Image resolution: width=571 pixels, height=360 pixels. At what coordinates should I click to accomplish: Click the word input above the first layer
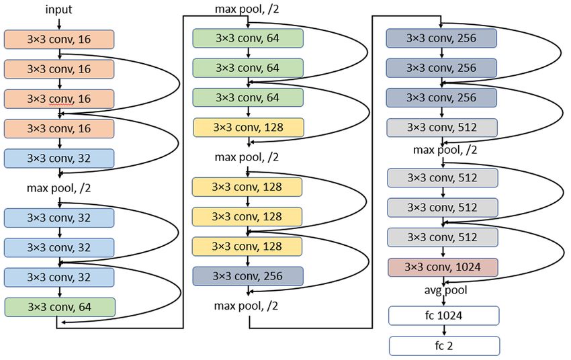[58, 9]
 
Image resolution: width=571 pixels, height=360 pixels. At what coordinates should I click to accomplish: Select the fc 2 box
[444, 346]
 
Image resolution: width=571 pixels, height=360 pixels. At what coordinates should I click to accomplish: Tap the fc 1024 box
[443, 316]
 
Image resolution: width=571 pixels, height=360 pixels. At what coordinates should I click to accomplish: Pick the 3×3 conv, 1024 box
[443, 267]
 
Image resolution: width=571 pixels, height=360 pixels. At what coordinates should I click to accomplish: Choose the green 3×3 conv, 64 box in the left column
[60, 307]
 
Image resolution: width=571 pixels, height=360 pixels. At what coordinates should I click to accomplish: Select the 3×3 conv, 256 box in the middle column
[248, 276]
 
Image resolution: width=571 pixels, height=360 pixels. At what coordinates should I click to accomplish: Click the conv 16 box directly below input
[59, 40]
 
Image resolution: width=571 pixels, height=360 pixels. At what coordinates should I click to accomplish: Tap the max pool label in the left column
[58, 188]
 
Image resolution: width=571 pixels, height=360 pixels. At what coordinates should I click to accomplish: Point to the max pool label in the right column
[445, 150]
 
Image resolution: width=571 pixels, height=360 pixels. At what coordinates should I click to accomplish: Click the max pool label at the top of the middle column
[247, 9]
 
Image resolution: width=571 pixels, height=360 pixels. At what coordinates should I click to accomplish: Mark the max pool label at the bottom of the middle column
[246, 306]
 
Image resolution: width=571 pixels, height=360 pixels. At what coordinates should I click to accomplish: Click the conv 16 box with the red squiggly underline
[59, 99]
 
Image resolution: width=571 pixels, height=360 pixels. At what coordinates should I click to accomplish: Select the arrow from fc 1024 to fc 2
[444, 330]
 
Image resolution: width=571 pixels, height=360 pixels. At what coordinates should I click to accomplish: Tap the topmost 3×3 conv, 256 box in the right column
[441, 38]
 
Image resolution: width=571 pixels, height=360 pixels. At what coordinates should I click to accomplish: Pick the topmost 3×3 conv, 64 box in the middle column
[248, 38]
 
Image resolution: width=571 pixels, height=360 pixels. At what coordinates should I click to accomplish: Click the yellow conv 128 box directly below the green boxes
[249, 128]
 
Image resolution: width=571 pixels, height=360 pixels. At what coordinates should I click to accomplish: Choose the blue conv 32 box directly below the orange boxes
[59, 159]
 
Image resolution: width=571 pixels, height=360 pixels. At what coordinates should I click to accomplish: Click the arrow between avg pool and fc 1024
[444, 301]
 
